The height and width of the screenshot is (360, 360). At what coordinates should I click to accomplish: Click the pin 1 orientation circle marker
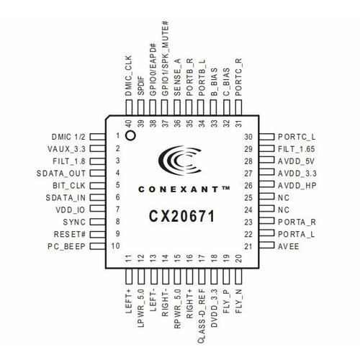coord(130,135)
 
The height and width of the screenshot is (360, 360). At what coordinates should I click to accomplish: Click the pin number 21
coord(248,246)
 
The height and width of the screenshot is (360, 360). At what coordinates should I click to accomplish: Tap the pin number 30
coord(248,136)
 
